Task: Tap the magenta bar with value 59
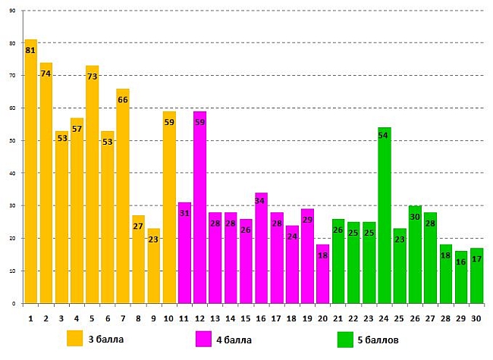(x=199, y=212)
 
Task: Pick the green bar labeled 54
(x=385, y=220)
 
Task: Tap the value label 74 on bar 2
(x=46, y=74)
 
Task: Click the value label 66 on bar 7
(x=123, y=100)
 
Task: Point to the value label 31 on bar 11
(x=184, y=214)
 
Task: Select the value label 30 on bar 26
(x=415, y=217)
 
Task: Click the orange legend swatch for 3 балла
(x=75, y=338)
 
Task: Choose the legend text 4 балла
(x=234, y=339)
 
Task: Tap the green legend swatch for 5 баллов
(x=347, y=338)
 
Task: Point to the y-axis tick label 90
(x=11, y=11)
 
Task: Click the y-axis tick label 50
(x=11, y=141)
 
